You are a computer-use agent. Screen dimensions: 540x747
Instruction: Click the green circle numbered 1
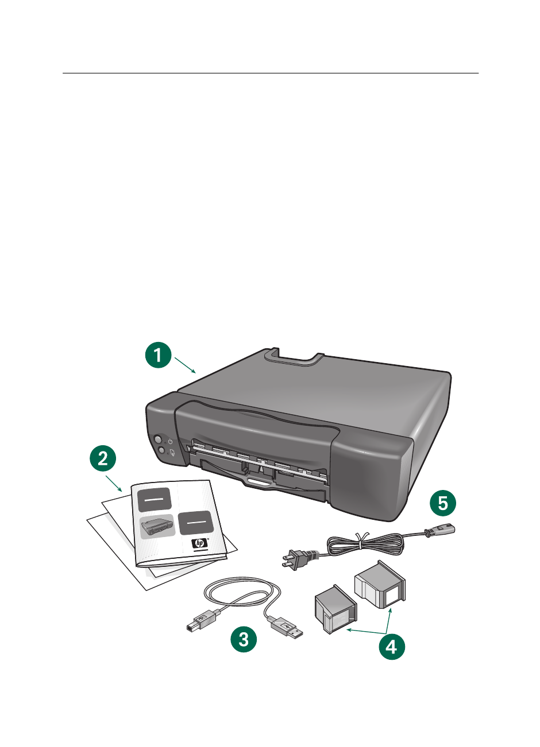click(157, 355)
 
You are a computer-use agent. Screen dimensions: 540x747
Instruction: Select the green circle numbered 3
click(244, 639)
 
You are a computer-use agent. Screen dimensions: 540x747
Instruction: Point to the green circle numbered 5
click(443, 503)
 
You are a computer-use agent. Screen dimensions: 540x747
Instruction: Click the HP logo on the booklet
click(200, 543)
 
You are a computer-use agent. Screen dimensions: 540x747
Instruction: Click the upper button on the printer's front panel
click(157, 439)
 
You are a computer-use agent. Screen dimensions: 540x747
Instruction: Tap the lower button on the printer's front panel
click(161, 451)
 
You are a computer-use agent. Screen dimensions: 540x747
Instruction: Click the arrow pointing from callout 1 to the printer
click(186, 365)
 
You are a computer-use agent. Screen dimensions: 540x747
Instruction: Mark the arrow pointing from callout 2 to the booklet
click(114, 483)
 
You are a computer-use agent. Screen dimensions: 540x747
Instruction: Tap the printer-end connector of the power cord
click(445, 528)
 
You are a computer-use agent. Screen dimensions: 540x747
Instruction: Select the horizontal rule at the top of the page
click(270, 73)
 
